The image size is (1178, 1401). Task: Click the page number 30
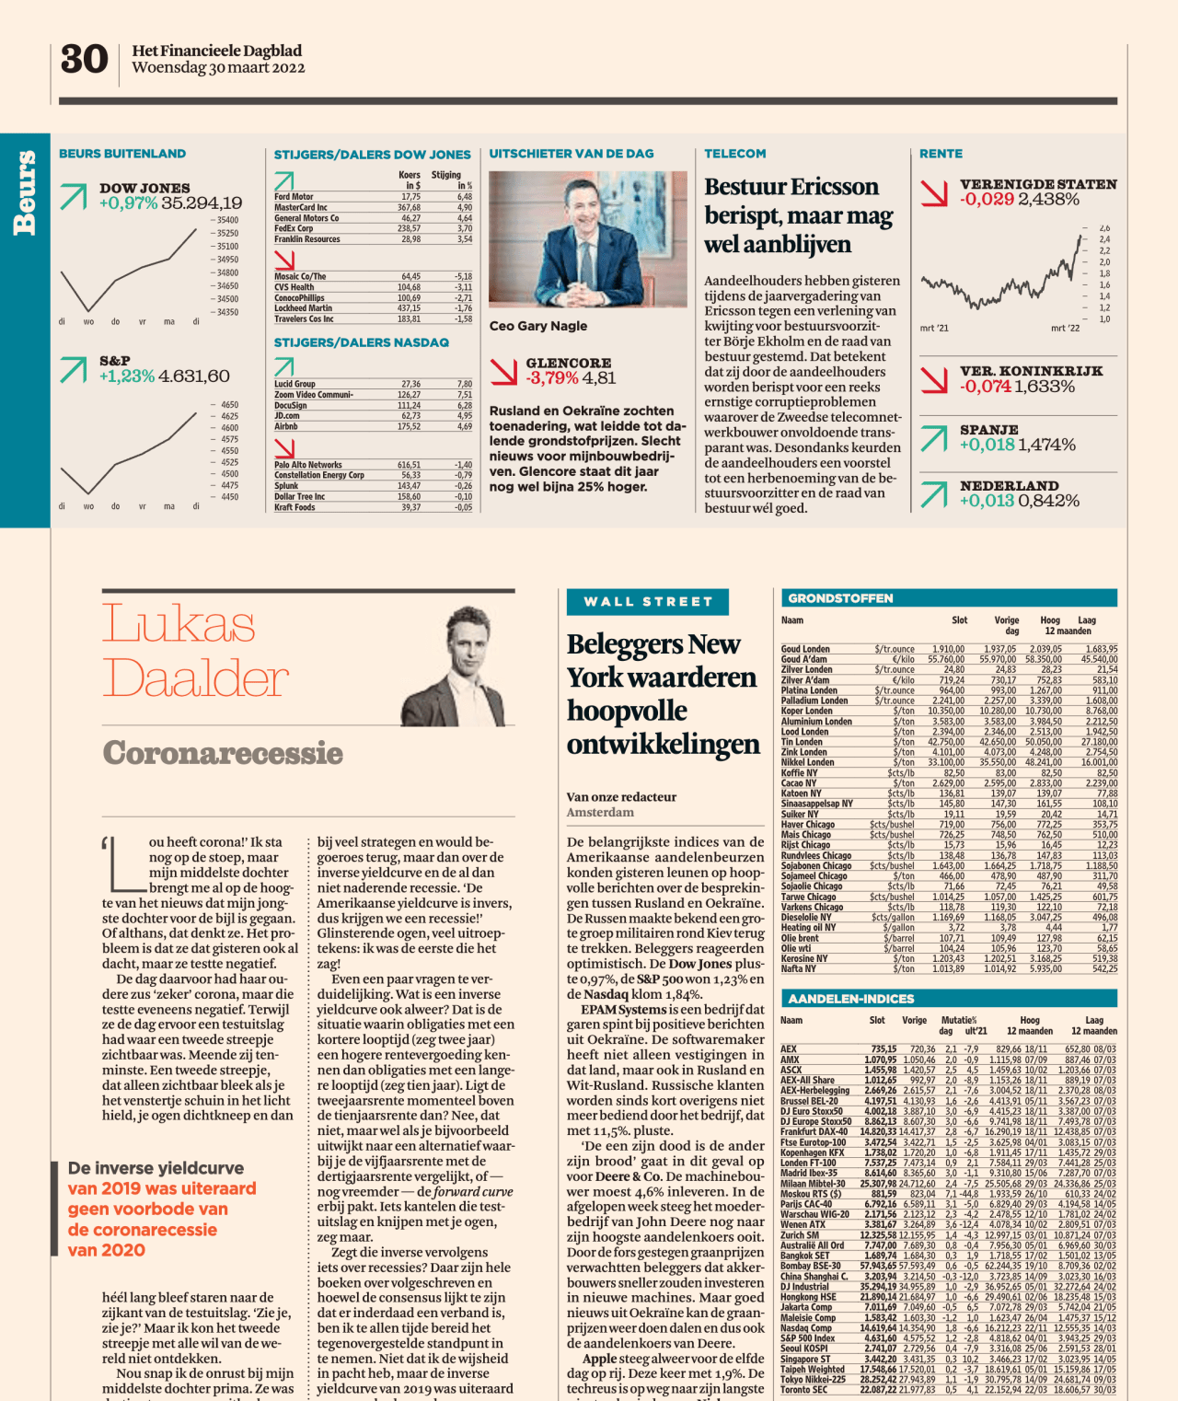tap(84, 60)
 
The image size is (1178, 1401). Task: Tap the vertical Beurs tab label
tap(25, 193)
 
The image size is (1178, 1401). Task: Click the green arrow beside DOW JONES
tap(74, 196)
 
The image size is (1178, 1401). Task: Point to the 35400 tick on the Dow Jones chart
tap(227, 220)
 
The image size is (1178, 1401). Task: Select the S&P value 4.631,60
tap(194, 376)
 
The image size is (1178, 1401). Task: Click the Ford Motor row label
tap(294, 197)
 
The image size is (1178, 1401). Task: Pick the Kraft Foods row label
tap(294, 507)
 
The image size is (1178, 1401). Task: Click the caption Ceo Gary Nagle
tap(538, 326)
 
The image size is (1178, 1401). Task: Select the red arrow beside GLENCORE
tap(503, 371)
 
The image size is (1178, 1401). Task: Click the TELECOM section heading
tap(735, 154)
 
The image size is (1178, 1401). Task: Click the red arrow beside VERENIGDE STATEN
tap(934, 192)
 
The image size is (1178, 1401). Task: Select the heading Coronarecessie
tap(223, 753)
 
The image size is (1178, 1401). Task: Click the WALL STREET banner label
tap(648, 602)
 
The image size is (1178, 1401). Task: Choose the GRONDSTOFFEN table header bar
tap(949, 598)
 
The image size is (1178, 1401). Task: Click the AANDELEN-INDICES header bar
tap(949, 999)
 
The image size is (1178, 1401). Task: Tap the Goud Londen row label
tap(805, 649)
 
